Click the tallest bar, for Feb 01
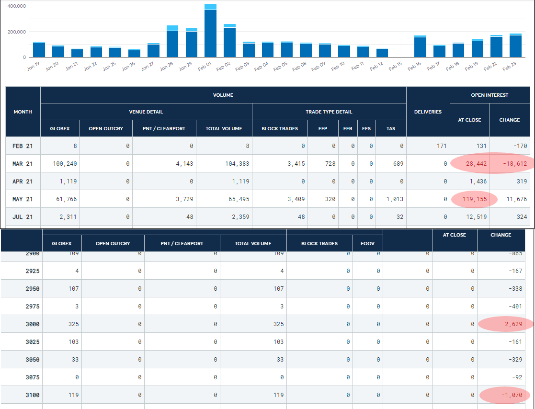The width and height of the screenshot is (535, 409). point(210,31)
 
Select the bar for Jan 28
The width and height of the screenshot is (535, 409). point(172,42)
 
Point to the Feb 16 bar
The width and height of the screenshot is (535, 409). point(420,46)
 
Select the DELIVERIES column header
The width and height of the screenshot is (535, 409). point(428,112)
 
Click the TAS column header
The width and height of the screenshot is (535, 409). point(391,128)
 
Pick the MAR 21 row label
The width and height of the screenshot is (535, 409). point(23,164)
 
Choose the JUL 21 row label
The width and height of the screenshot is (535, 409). point(23,217)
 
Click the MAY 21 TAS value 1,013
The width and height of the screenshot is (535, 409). point(395,199)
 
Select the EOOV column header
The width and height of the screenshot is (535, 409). point(368,243)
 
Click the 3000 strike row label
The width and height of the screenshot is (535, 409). point(33,324)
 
